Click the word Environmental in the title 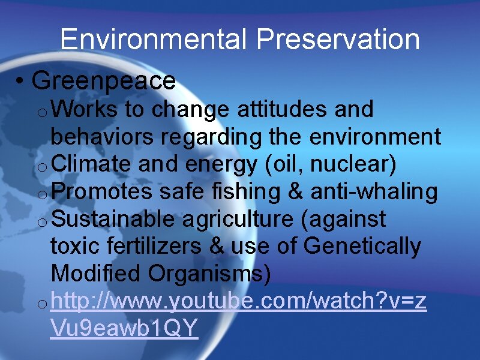tap(154, 40)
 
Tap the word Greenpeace tap(104, 80)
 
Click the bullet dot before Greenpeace tap(20, 81)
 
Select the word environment tap(376, 137)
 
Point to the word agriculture tap(238, 220)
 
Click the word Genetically tap(363, 247)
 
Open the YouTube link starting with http tap(239, 302)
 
